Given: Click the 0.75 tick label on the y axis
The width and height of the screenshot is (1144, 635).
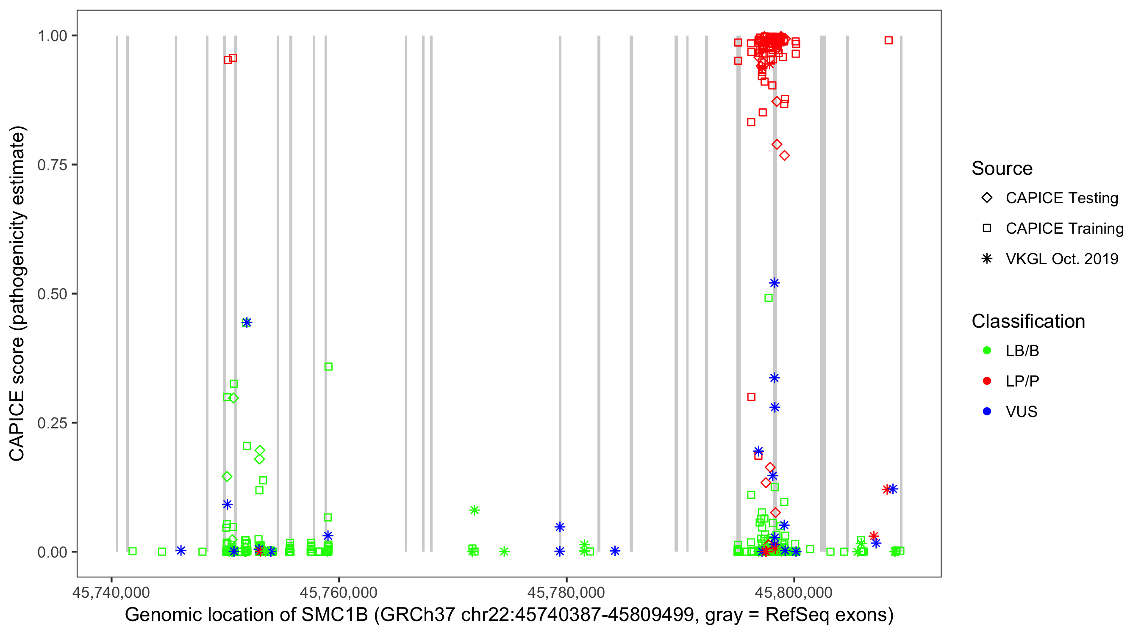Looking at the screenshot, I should point(52,165).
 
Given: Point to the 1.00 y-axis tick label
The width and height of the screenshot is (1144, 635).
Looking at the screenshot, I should point(52,36).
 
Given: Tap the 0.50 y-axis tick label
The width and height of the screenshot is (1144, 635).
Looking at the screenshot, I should point(52,294).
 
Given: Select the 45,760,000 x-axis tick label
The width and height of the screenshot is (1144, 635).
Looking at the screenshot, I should point(339,592).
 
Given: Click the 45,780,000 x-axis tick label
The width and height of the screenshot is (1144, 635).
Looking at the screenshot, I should point(566,592).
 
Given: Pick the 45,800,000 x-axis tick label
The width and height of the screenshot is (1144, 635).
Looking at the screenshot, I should point(794,592).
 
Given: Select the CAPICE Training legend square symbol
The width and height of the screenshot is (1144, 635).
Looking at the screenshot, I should point(987,229).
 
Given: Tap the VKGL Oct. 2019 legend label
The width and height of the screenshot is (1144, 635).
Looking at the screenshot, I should point(1062,259).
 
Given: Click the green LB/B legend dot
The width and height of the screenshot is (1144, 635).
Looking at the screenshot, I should point(987,351).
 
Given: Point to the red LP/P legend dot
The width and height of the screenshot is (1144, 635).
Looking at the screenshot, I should point(987,381).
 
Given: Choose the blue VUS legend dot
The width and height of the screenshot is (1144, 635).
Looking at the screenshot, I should point(987,412).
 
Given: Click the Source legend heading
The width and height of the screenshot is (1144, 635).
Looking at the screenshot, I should point(1002,168).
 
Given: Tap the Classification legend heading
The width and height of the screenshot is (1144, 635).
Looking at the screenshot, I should point(1028,321).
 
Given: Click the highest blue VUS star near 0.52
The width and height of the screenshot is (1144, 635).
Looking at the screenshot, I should point(774,283).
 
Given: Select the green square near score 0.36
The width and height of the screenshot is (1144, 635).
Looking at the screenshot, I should point(328,367).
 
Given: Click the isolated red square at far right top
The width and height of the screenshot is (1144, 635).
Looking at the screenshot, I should point(888,40).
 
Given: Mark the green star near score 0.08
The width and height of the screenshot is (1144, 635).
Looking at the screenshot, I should point(474,510).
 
